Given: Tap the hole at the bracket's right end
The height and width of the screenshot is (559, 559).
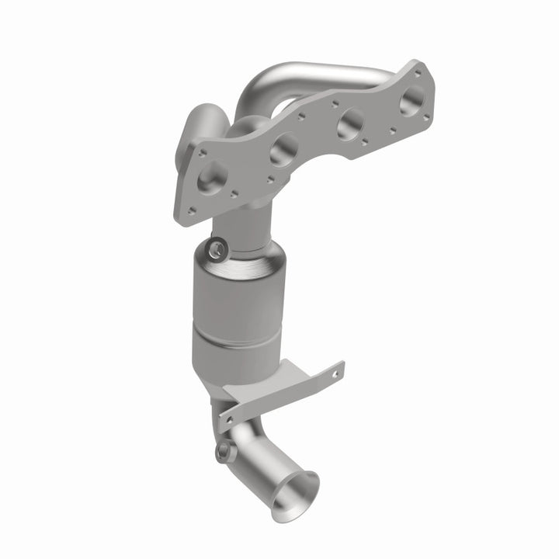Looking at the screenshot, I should pyautogui.click(x=335, y=373).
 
